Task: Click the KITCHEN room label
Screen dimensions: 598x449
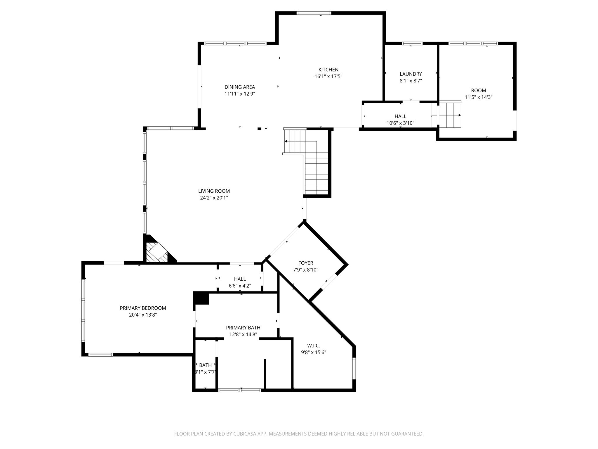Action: (328, 70)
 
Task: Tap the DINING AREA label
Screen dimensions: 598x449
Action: (240, 87)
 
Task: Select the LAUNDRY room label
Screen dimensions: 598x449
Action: (411, 74)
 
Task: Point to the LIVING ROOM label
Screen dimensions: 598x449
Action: (214, 191)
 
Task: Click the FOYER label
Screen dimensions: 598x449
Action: (306, 263)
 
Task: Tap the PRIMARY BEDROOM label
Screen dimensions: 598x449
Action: (143, 308)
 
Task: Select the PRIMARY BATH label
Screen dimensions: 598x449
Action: (243, 328)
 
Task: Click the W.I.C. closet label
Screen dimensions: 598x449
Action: (314, 346)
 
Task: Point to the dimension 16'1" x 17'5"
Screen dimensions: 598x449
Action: (328, 77)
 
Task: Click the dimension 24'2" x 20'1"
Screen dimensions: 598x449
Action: (214, 198)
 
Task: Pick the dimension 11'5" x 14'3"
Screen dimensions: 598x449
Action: (479, 97)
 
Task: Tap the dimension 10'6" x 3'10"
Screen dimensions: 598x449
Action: (400, 123)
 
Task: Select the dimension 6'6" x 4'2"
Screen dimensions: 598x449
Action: (240, 286)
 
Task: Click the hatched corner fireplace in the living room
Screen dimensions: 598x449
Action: (157, 252)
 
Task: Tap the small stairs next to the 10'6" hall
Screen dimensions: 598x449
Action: (446, 114)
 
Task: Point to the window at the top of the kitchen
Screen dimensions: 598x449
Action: (314, 13)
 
